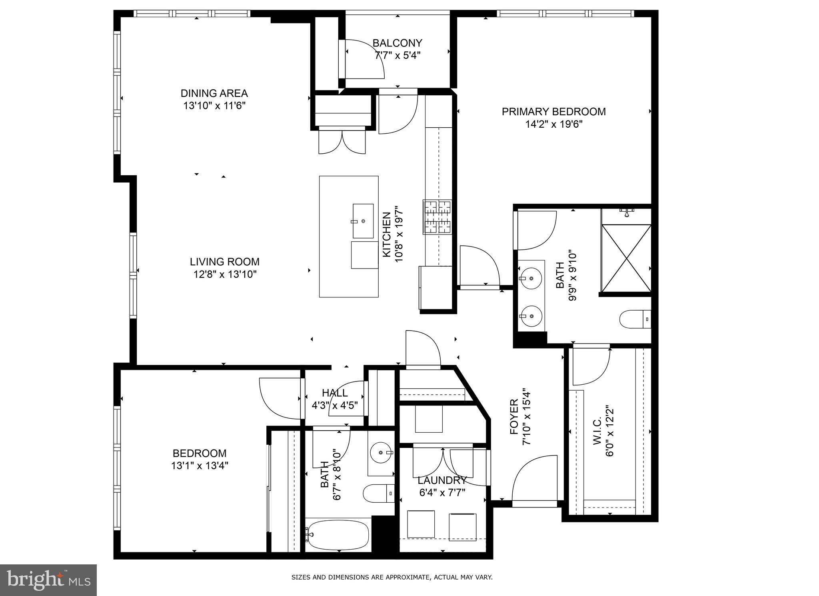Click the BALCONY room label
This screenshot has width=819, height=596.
[x=397, y=43]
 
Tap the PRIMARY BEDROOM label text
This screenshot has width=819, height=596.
[x=553, y=112]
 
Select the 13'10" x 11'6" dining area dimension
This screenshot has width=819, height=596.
[x=214, y=106]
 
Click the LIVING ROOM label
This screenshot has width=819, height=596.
[x=224, y=262]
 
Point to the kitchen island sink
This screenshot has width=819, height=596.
[x=363, y=220]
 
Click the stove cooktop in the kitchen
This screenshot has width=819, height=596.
[x=437, y=217]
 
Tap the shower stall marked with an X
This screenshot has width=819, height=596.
[x=626, y=258]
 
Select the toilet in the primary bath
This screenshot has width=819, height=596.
[x=634, y=319]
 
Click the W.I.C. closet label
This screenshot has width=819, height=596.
[x=597, y=431]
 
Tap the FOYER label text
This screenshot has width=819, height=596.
[x=514, y=416]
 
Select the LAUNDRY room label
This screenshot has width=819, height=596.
[x=442, y=480]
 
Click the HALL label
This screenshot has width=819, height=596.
[x=335, y=393]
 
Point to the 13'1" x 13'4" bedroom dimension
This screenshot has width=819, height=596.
[x=200, y=466]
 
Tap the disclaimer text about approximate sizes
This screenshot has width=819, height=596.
[x=392, y=577]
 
